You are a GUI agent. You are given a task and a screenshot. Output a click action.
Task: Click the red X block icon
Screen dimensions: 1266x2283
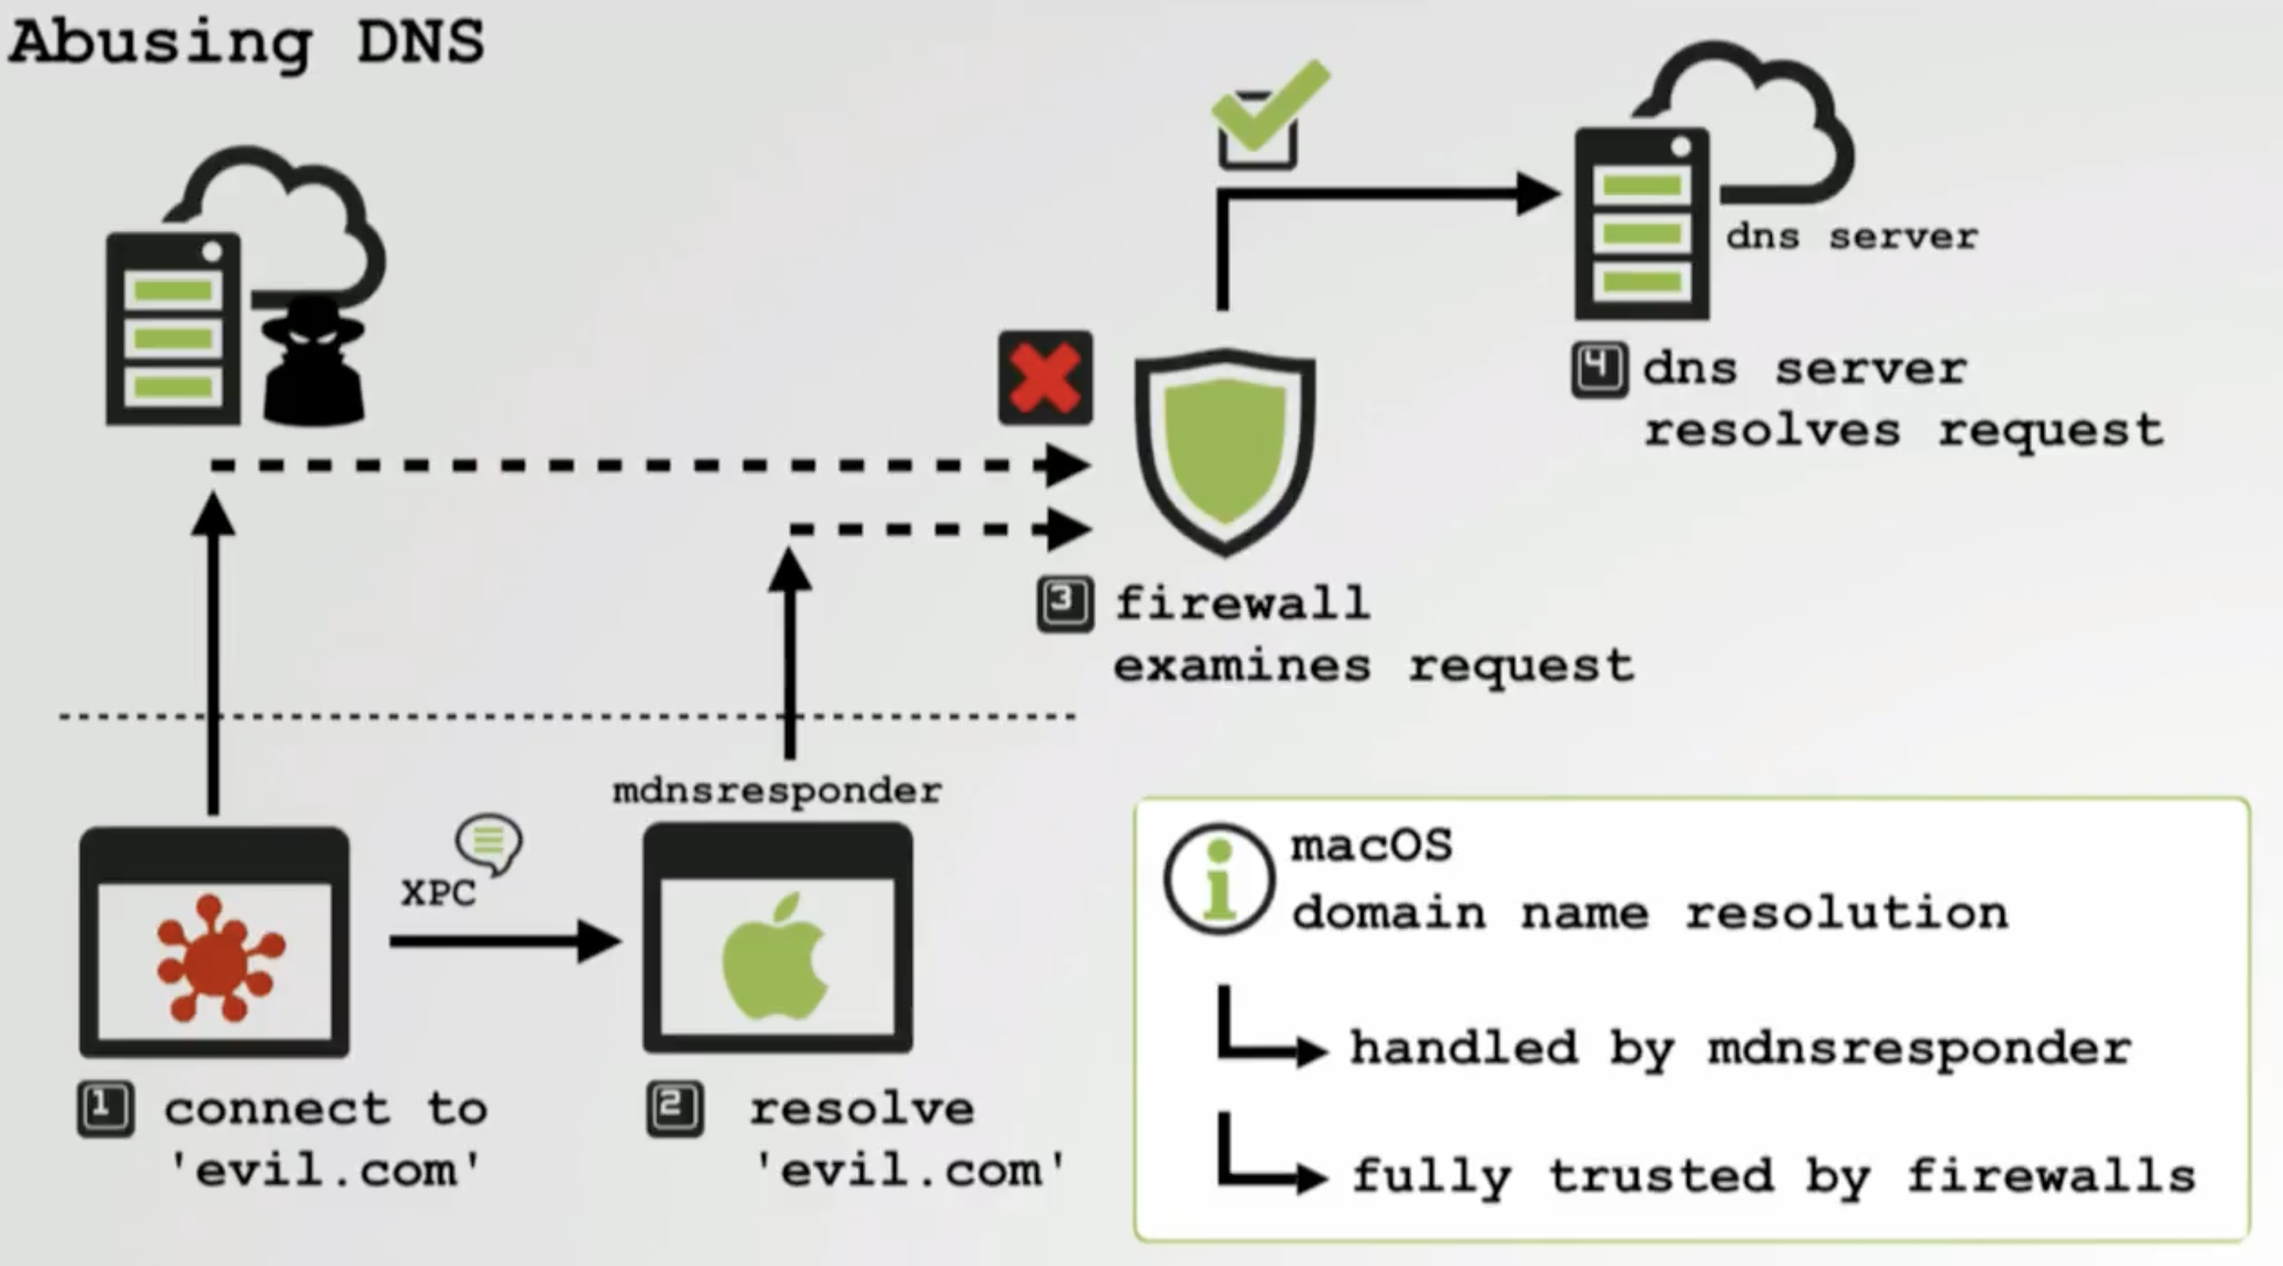click(x=1045, y=378)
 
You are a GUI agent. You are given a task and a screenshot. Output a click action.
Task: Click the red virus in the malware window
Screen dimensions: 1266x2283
click(x=218, y=958)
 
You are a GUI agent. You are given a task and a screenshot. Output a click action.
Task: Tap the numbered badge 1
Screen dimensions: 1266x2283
click(x=105, y=1108)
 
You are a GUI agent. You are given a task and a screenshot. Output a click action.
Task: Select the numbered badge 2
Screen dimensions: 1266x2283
click(x=676, y=1108)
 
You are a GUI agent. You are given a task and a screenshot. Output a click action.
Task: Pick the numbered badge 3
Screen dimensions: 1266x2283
click(x=1065, y=604)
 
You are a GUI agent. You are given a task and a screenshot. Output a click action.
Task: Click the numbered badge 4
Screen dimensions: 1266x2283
click(x=1599, y=368)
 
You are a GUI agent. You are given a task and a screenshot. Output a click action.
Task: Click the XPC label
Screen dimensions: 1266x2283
click(x=438, y=893)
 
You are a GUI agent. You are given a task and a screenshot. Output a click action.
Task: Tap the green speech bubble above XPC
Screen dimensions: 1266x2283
click(x=489, y=842)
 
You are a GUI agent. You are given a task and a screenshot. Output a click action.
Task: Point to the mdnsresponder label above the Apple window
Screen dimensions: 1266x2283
click(x=776, y=790)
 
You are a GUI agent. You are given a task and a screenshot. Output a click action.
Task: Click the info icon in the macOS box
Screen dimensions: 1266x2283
click(x=1218, y=879)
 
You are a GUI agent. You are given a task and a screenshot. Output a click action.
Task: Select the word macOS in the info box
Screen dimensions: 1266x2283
click(x=1371, y=846)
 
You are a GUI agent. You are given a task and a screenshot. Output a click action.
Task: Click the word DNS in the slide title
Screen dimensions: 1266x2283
click(x=420, y=41)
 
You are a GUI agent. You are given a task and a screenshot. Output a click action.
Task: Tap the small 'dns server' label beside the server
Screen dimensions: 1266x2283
click(x=1852, y=236)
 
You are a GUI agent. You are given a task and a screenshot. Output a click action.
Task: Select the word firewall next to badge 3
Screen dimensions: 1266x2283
click(x=1241, y=604)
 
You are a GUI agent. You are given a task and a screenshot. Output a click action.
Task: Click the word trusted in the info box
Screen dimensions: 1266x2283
click(x=1661, y=1176)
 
